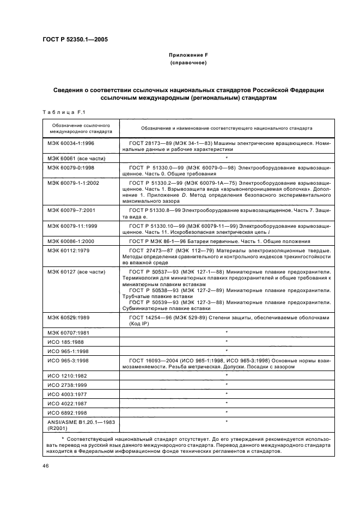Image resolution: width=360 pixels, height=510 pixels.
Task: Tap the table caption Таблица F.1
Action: click(x=64, y=112)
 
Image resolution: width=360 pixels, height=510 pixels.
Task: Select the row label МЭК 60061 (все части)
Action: click(x=76, y=158)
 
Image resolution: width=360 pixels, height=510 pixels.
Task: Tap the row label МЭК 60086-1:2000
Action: click(x=72, y=241)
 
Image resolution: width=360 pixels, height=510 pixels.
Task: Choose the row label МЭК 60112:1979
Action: click(x=69, y=251)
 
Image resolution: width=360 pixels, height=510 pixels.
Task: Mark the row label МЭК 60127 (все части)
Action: click(x=76, y=271)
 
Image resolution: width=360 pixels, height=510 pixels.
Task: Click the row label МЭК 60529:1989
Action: click(x=69, y=317)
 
